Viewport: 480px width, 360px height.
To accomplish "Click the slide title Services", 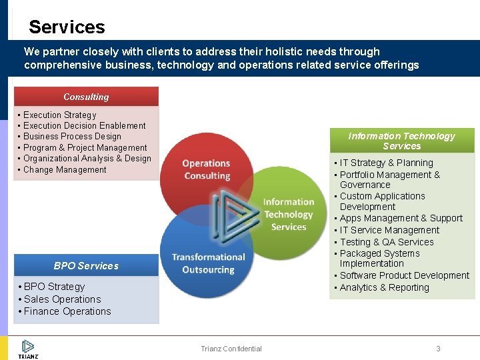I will pyautogui.click(x=67, y=27).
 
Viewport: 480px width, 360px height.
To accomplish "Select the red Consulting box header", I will pyautogui.click(x=86, y=97).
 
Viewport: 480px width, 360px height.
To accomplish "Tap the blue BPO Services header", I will pyautogui.click(x=86, y=266).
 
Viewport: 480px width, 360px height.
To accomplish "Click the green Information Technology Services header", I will pyautogui.click(x=401, y=141).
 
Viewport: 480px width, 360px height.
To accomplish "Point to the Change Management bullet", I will pyautogui.click(x=65, y=170).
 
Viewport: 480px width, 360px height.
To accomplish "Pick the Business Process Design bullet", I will pyautogui.click(x=72, y=137).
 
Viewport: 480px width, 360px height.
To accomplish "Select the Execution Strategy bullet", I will pyautogui.click(x=60, y=115).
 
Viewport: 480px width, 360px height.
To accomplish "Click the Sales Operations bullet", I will pyautogui.click(x=62, y=299).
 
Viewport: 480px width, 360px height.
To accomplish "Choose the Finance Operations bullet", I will pyautogui.click(x=67, y=311).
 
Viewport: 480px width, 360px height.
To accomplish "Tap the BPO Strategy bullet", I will pyautogui.click(x=54, y=287).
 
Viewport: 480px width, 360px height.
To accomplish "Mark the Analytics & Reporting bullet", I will pyautogui.click(x=384, y=287).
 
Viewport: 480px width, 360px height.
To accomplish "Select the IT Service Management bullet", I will pyautogui.click(x=389, y=230).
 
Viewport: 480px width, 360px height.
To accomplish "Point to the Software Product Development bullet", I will pyautogui.click(x=404, y=275).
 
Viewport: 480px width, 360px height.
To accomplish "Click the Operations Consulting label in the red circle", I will pyautogui.click(x=206, y=169).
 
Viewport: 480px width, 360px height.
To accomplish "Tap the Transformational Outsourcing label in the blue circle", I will pyautogui.click(x=208, y=263).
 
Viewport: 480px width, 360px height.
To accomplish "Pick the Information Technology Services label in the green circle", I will pyautogui.click(x=288, y=214).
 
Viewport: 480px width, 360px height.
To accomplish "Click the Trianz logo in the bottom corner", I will pyautogui.click(x=27, y=349).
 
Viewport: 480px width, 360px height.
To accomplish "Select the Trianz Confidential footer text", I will pyautogui.click(x=231, y=349).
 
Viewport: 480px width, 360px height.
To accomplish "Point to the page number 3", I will pyautogui.click(x=438, y=349).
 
